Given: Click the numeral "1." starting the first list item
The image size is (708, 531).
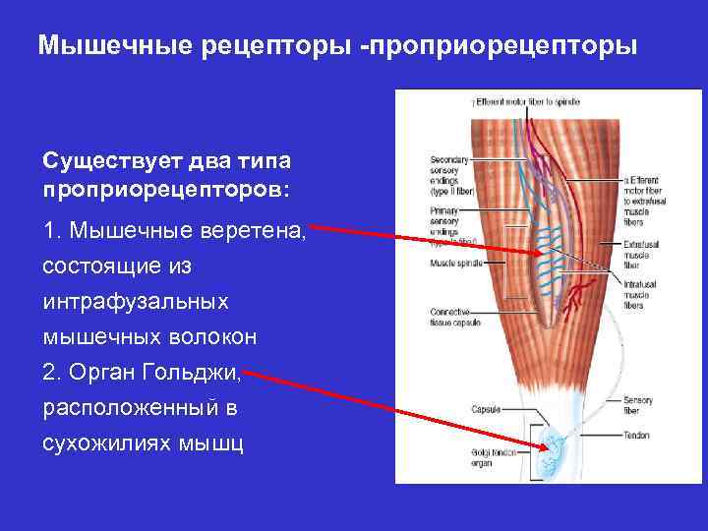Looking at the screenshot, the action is pyautogui.click(x=54, y=232).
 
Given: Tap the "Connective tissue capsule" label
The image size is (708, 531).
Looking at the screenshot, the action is pyautogui.click(x=454, y=315).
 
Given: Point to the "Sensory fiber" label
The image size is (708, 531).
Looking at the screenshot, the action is pyautogui.click(x=637, y=404).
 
